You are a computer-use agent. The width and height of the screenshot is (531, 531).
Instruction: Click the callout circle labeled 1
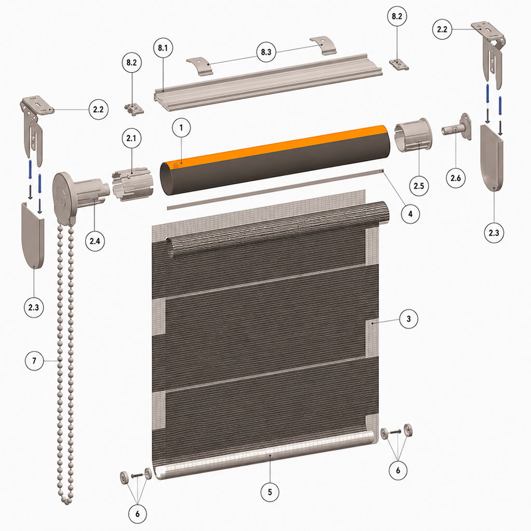(x=181, y=128)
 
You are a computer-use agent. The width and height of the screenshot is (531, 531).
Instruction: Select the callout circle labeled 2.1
(x=131, y=138)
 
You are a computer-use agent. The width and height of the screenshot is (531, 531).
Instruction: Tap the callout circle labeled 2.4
(x=95, y=241)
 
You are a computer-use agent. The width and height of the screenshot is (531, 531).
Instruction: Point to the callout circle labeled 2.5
(x=419, y=186)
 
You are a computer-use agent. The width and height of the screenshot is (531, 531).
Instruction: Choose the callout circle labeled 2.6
(x=456, y=178)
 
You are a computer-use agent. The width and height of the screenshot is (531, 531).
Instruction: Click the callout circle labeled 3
(x=409, y=319)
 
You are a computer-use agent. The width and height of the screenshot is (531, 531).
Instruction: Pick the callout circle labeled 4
(x=411, y=214)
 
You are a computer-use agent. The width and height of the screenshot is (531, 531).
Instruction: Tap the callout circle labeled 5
(x=270, y=492)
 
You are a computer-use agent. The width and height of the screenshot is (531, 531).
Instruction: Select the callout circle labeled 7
(x=34, y=361)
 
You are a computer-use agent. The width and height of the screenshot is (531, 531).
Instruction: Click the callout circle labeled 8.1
(x=163, y=48)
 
